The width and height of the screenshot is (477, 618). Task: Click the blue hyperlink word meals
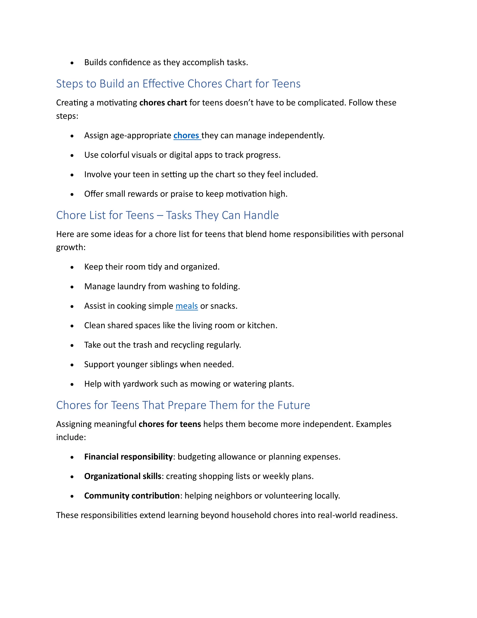point(187,306)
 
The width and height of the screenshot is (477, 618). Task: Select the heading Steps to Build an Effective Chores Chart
point(178,84)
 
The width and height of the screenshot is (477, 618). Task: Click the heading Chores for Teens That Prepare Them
point(183,405)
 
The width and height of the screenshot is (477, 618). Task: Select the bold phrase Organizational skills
point(123,476)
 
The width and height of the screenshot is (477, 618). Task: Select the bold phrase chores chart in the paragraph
point(163,103)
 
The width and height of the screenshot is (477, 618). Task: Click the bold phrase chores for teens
point(170,424)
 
